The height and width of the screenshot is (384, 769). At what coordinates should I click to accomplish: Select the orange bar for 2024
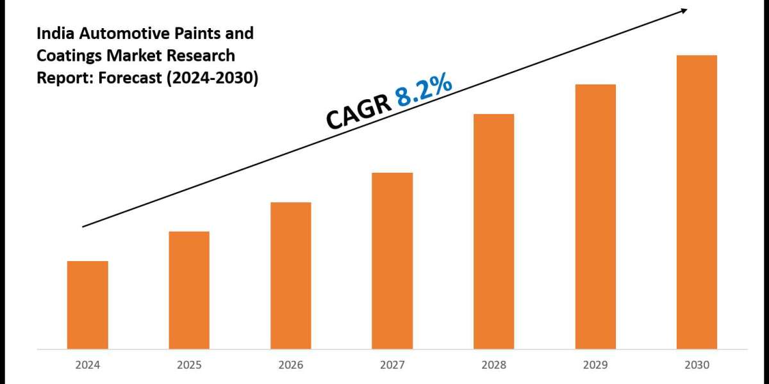[87, 305]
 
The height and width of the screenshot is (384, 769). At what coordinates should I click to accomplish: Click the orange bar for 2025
[189, 290]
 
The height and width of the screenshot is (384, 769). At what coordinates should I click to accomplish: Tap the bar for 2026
[290, 275]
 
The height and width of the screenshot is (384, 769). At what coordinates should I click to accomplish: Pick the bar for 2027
[392, 260]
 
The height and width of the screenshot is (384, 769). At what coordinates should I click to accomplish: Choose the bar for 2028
[493, 231]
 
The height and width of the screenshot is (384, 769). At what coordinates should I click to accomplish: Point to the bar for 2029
[595, 216]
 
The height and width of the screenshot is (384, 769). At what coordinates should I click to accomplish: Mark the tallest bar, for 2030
[697, 202]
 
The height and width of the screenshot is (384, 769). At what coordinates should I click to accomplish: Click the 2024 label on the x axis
[87, 365]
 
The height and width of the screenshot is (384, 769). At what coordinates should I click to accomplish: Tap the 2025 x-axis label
[189, 365]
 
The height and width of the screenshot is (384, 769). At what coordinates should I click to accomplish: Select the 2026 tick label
[290, 365]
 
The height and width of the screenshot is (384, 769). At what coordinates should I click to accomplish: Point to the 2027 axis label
[392, 365]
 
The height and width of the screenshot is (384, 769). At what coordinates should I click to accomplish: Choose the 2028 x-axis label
[493, 365]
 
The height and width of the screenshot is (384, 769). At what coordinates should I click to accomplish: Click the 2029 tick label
[595, 365]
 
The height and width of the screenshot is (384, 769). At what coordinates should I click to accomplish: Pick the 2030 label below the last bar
[697, 365]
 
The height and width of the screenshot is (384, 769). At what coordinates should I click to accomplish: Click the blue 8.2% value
[424, 92]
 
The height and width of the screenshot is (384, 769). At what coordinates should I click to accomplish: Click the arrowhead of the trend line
[684, 10]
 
